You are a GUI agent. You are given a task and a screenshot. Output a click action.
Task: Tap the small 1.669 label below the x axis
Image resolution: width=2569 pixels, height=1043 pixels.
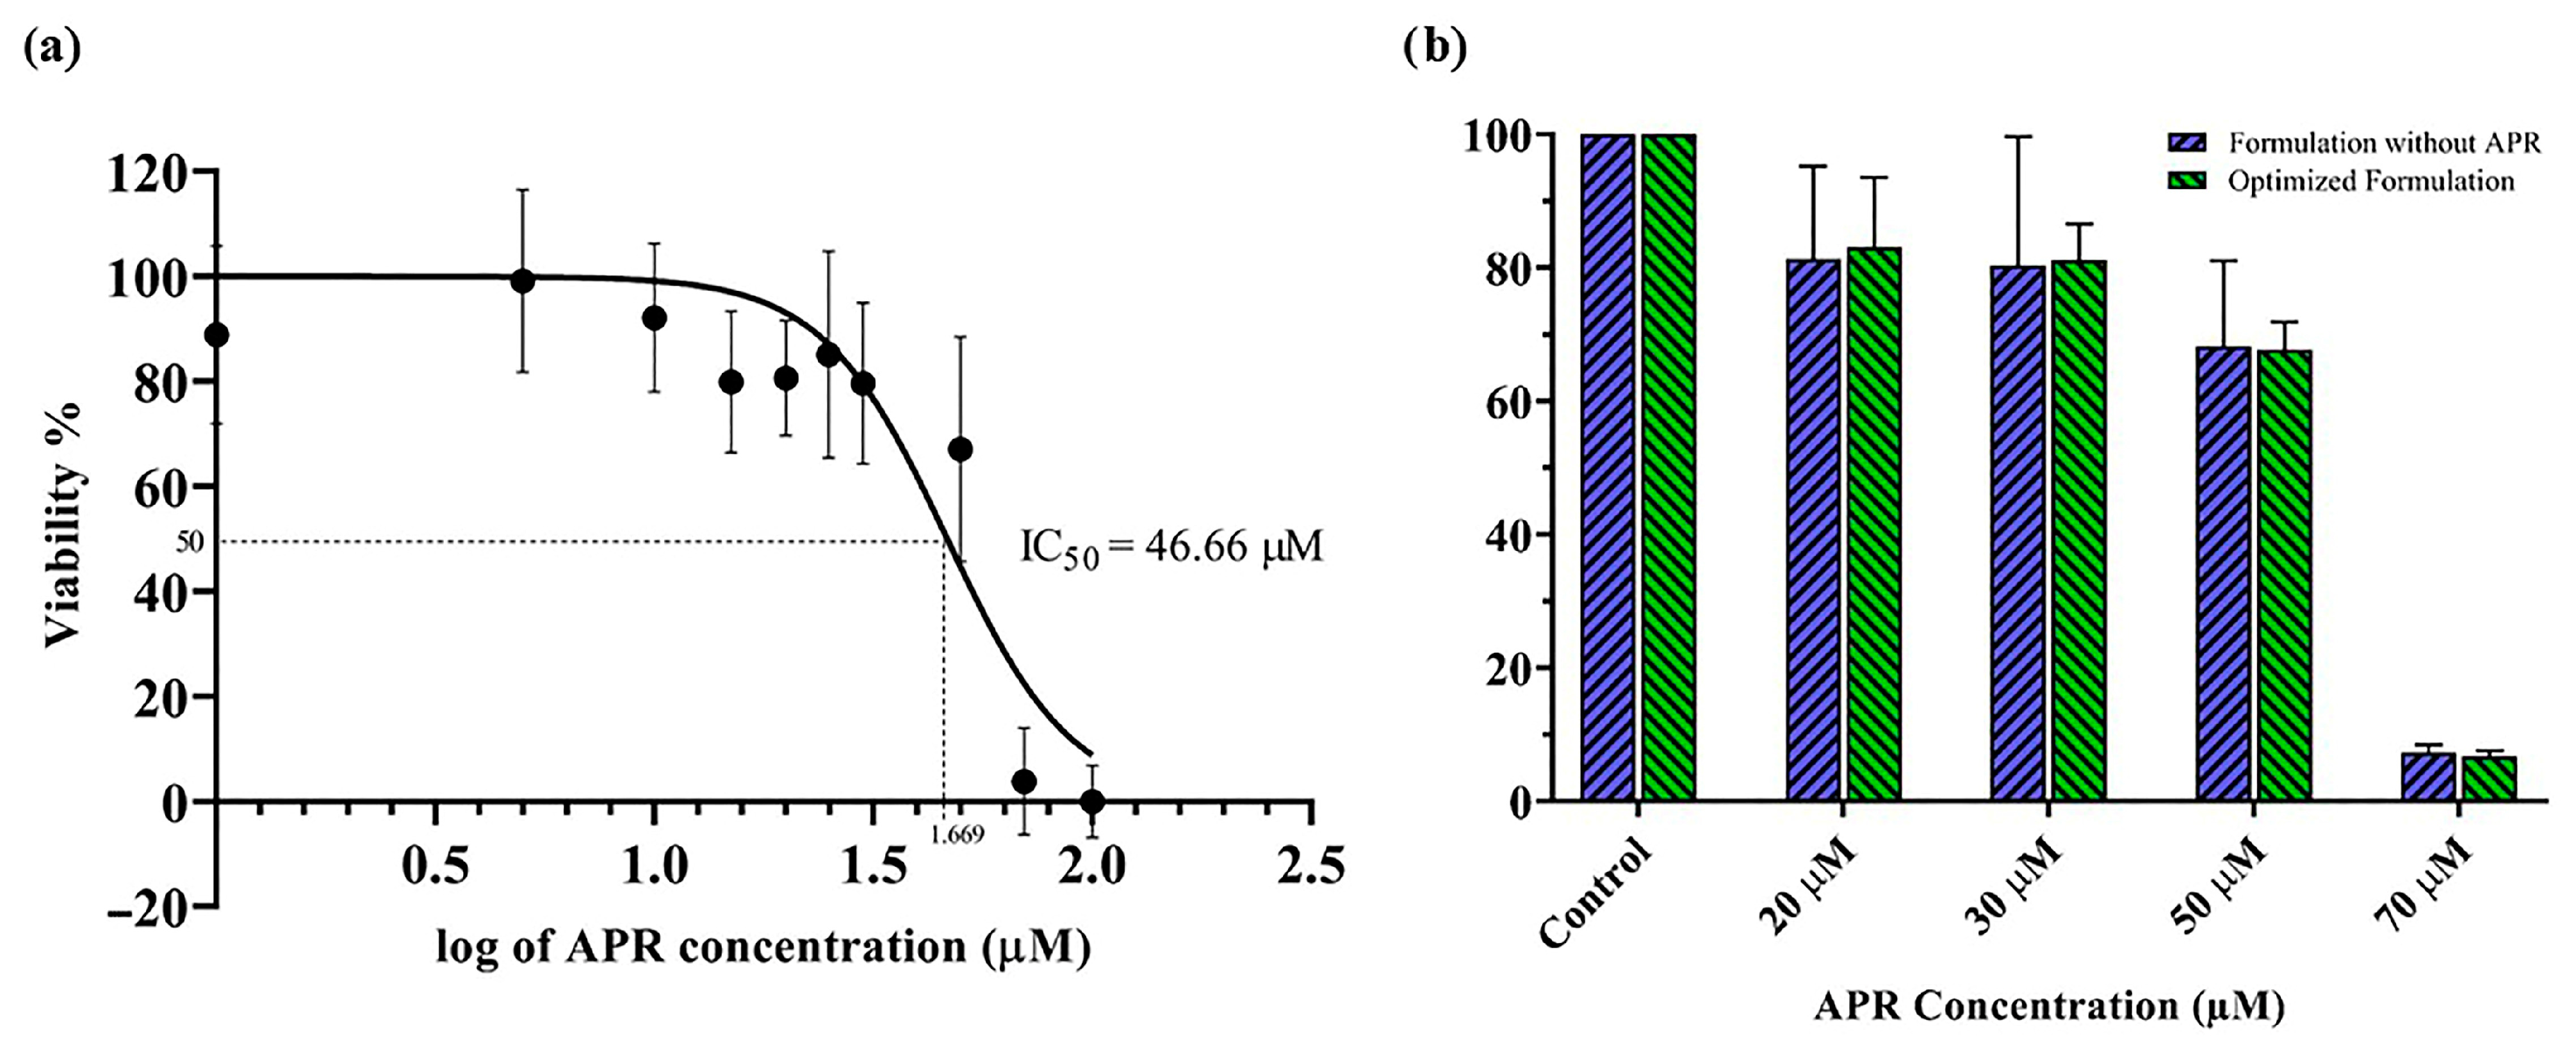956,834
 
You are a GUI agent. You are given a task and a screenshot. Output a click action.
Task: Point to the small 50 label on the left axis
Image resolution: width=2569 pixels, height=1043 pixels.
190,543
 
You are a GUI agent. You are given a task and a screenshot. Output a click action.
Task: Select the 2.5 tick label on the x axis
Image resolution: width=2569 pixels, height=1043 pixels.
1309,867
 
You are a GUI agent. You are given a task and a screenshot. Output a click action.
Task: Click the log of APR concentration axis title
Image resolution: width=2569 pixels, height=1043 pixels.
763,948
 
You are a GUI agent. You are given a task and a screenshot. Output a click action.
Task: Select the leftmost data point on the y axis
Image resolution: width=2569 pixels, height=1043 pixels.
216,335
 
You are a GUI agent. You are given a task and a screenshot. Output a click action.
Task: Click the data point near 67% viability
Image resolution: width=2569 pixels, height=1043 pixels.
959,450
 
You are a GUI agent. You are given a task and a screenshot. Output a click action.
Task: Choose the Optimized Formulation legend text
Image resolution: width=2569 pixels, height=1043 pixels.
2370,181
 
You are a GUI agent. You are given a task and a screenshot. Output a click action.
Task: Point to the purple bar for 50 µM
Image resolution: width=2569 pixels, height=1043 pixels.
2223,573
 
